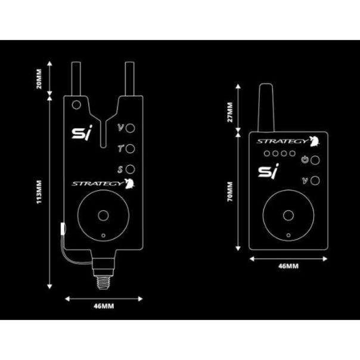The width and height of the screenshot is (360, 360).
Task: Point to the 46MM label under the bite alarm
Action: [105, 306]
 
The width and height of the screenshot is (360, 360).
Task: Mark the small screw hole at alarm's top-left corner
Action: [76, 104]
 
